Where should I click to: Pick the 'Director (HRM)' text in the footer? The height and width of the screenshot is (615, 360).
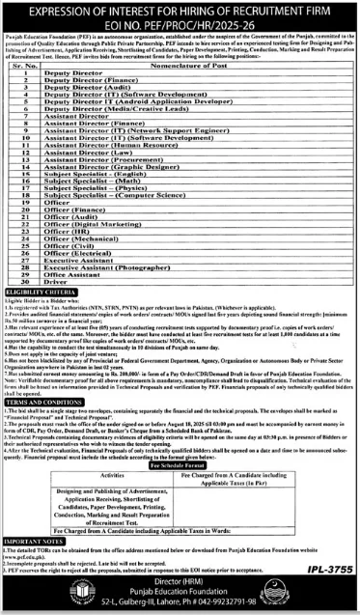click(x=180, y=585)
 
